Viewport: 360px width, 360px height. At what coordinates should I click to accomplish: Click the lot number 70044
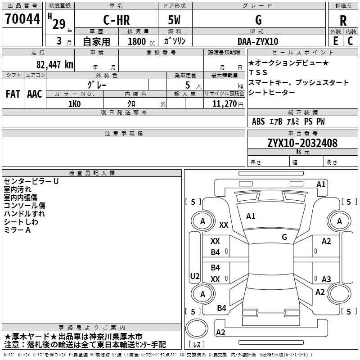tap(22, 19)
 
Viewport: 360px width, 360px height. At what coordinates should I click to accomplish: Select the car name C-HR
tap(117, 20)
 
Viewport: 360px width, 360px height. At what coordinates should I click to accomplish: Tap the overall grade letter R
tap(343, 21)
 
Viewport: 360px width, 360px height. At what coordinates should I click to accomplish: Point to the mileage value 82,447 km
tap(54, 64)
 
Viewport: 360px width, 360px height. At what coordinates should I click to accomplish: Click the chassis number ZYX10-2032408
tap(302, 143)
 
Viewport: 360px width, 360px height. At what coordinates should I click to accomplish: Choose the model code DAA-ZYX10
tap(257, 41)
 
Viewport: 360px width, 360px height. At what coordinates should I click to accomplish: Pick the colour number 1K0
tap(74, 104)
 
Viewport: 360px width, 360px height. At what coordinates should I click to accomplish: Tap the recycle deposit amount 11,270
tap(224, 104)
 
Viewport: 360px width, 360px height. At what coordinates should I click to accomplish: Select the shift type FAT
tap(13, 94)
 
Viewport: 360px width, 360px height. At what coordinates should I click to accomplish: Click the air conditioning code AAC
tap(35, 94)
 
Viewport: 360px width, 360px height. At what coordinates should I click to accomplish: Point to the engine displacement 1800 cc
tap(141, 41)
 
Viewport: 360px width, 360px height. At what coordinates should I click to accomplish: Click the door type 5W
tap(174, 20)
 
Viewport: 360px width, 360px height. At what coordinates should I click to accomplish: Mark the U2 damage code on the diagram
tap(195, 276)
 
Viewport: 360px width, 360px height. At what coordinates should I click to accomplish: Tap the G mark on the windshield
tap(284, 237)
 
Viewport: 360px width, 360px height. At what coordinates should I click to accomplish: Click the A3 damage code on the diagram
tap(326, 279)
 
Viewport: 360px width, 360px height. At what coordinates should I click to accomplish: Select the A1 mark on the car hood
tap(251, 216)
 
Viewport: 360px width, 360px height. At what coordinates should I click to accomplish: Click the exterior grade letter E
tap(335, 41)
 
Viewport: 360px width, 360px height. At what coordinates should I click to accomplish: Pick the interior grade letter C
tap(350, 41)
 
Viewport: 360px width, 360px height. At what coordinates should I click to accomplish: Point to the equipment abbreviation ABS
tap(258, 121)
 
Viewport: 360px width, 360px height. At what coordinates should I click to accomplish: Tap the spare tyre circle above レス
tap(197, 328)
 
